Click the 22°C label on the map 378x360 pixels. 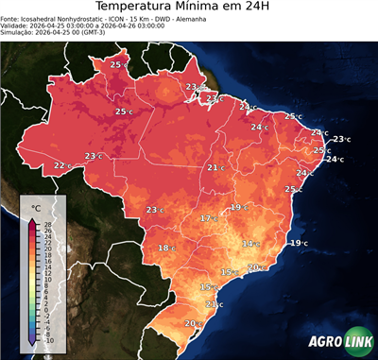click(62, 165)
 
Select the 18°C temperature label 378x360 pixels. click(166, 249)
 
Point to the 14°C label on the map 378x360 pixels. click(250, 244)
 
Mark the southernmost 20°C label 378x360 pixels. click(192, 324)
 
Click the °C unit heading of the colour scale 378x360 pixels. click(36, 207)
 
